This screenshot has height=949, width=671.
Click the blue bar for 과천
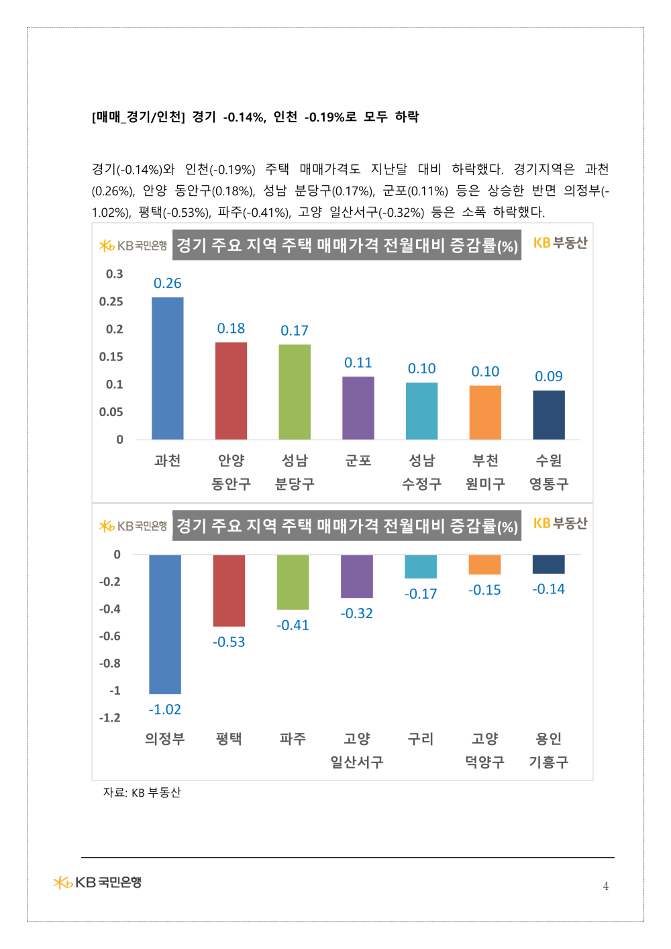click(168, 368)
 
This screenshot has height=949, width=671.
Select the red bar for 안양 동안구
click(231, 391)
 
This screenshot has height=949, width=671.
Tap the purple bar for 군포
click(358, 408)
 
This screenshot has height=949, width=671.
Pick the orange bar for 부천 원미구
click(485, 412)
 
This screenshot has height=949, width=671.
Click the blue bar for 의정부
click(165, 624)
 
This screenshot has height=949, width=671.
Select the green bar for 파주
click(293, 582)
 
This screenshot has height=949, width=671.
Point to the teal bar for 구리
click(421, 566)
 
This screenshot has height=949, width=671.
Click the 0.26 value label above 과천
click(168, 283)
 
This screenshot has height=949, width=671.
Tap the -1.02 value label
click(165, 709)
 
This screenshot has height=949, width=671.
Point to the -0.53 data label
click(229, 642)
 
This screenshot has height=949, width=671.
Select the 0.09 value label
click(549, 377)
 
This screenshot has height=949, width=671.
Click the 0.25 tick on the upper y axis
click(111, 302)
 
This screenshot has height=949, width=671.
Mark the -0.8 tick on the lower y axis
click(110, 664)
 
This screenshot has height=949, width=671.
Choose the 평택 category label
click(229, 739)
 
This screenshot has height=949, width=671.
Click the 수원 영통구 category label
click(549, 472)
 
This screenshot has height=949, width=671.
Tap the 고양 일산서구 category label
click(357, 750)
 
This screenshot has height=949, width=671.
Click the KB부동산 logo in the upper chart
click(560, 243)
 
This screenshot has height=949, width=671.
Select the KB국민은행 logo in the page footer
click(98, 883)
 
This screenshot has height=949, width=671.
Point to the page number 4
click(606, 887)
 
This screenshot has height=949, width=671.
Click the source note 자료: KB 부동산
click(142, 793)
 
